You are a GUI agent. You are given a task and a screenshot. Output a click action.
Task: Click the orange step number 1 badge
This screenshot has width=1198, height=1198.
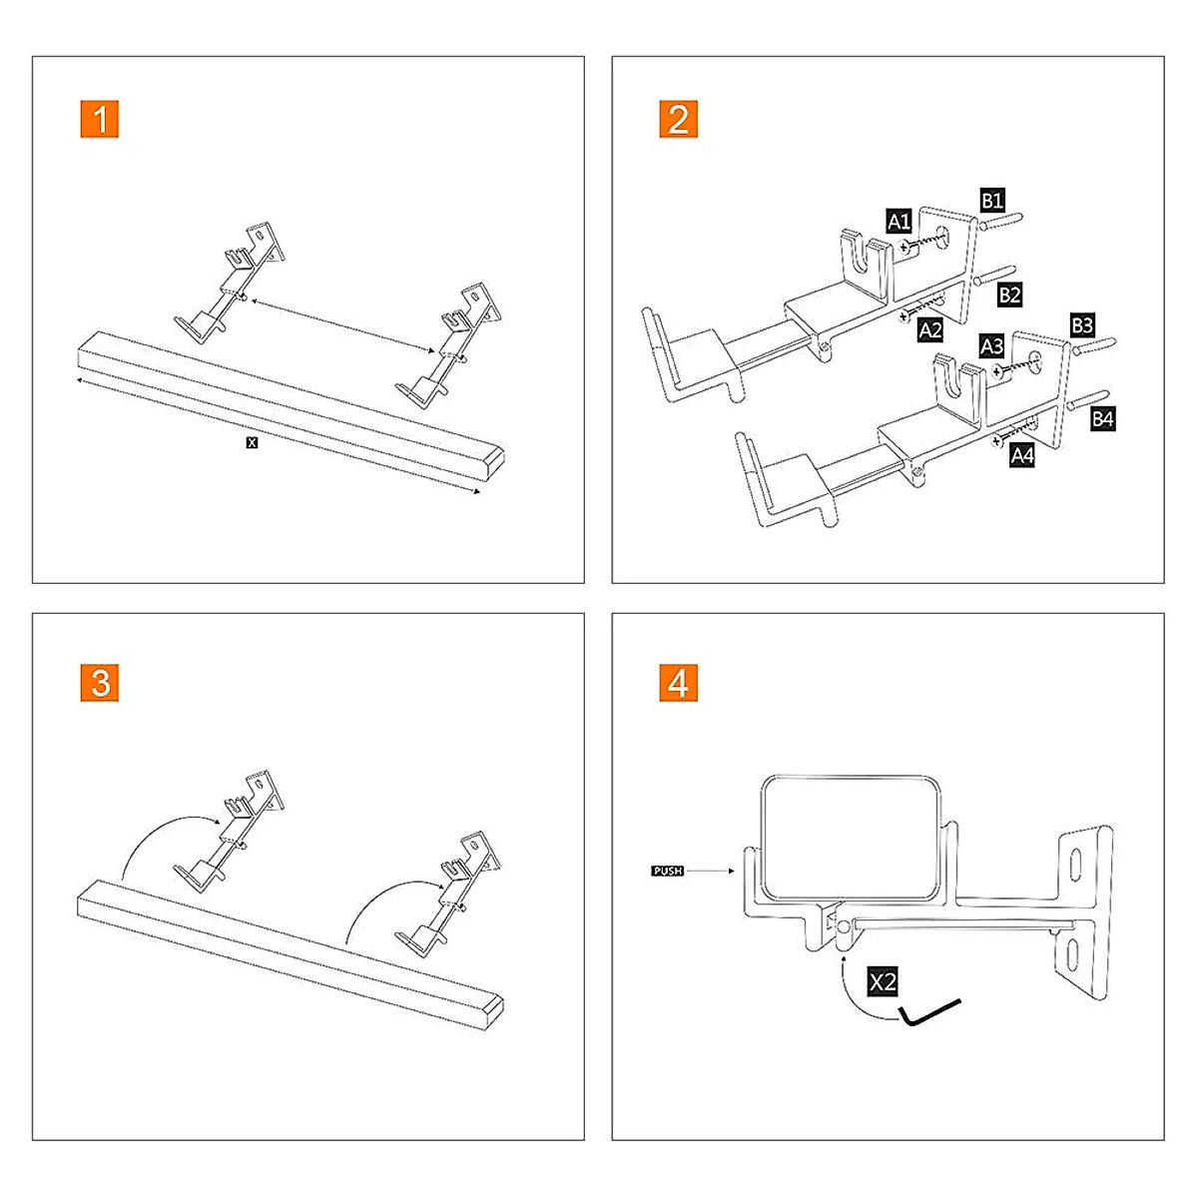point(100,120)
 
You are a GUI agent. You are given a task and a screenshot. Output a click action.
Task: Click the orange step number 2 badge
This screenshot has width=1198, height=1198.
point(679,120)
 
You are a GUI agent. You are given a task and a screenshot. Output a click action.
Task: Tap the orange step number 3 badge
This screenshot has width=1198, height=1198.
point(100,684)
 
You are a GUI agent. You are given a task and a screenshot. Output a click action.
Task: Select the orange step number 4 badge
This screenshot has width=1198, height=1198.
point(679,684)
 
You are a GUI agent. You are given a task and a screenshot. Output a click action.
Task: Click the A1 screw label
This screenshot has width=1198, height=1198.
point(898,222)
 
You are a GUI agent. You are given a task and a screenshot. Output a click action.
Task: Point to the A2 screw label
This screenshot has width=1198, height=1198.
point(930,330)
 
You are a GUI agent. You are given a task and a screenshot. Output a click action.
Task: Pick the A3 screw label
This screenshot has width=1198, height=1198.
point(991,346)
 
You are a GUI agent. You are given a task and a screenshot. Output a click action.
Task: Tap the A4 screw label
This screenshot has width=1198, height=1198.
point(1022,456)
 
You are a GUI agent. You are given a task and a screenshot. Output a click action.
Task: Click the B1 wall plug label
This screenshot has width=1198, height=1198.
point(991,201)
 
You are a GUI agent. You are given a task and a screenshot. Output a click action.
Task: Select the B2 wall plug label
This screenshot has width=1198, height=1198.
point(1009,295)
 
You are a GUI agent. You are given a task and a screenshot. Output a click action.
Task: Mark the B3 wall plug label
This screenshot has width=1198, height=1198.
point(1082,325)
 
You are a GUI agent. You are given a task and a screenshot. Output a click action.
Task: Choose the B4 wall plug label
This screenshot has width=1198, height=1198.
point(1102,419)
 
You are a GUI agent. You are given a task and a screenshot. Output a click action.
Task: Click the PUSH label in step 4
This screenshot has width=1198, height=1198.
point(667,872)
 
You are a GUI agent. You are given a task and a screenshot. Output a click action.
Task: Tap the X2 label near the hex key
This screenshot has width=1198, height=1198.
point(884,982)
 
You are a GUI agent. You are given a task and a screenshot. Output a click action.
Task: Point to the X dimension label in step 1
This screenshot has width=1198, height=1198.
point(252,442)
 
